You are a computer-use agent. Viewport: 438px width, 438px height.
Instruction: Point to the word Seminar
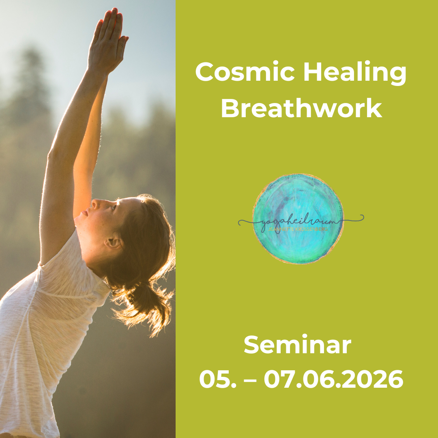click(x=297, y=346)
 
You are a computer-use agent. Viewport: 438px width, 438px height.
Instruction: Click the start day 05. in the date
click(x=215, y=380)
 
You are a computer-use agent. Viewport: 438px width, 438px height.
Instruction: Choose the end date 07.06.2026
click(x=333, y=380)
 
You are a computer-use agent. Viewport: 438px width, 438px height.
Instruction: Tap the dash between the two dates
click(x=247, y=380)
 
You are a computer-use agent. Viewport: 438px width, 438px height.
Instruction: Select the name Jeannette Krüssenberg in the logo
click(x=298, y=230)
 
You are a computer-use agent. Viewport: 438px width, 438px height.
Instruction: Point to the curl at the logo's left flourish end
click(x=242, y=222)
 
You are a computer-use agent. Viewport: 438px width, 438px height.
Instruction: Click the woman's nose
click(x=84, y=208)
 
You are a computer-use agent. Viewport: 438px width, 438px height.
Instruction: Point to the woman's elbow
click(x=53, y=154)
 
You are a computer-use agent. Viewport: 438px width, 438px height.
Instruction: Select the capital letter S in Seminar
click(x=251, y=346)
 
